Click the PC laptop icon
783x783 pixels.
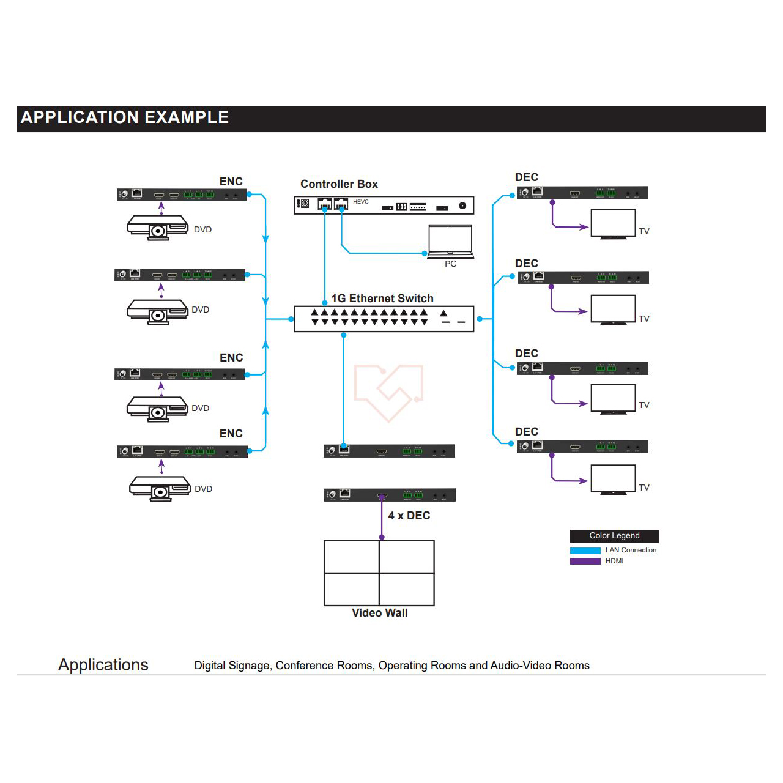[451, 242]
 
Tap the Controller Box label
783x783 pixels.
[339, 184]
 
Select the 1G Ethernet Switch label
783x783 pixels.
[382, 299]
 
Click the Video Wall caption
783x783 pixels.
[379, 613]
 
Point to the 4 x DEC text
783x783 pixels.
[409, 516]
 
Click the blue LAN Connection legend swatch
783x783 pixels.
[585, 551]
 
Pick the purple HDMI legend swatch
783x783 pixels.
[585, 561]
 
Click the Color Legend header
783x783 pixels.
[614, 536]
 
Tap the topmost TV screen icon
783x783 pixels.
[613, 223]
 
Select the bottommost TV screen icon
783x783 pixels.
[613, 479]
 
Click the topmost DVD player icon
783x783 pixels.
[158, 228]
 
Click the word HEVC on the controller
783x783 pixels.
[361, 202]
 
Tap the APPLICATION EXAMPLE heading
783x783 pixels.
[125, 117]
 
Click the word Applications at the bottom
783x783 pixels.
[103, 665]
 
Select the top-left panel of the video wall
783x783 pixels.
[352, 557]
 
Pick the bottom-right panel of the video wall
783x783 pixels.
[407, 589]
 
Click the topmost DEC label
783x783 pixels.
[526, 177]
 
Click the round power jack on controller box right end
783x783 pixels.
[462, 206]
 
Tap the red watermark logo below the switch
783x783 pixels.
[389, 391]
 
